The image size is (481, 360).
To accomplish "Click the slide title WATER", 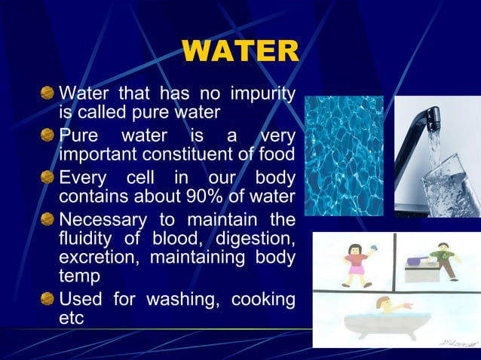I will (240, 52).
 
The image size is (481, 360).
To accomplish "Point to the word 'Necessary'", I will (104, 220).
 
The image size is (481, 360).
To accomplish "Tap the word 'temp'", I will (78, 277).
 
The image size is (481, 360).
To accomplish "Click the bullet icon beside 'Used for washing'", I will (47, 300).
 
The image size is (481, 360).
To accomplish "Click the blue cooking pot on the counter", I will (415, 261).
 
